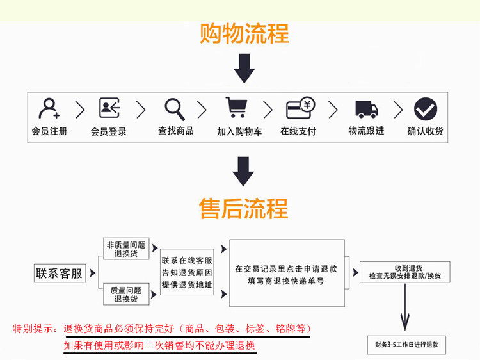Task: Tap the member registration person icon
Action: pyautogui.click(x=49, y=108)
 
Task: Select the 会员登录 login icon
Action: pyautogui.click(x=109, y=108)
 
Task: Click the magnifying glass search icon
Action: pyautogui.click(x=174, y=108)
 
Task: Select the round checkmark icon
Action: pyautogui.click(x=425, y=109)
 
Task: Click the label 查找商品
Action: pyautogui.click(x=176, y=131)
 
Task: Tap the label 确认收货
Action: pyautogui.click(x=426, y=131)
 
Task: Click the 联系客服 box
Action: pyautogui.click(x=60, y=274)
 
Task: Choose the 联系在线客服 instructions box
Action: pyautogui.click(x=187, y=272)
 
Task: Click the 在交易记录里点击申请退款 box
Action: pyautogui.click(x=286, y=275)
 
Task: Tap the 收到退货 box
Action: pyautogui.click(x=404, y=272)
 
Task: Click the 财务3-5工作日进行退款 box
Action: pyautogui.click(x=406, y=345)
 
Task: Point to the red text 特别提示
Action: pyautogui.click(x=35, y=329)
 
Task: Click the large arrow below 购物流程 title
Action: pyautogui.click(x=244, y=69)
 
